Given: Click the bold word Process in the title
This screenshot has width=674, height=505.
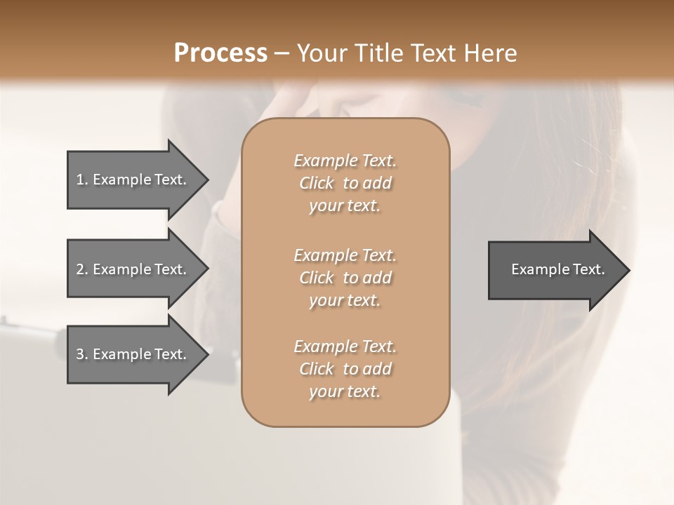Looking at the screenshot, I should point(220,53).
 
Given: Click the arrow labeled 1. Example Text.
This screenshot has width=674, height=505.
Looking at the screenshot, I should point(131,180).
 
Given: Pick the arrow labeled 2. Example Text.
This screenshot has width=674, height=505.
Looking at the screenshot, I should point(131,269).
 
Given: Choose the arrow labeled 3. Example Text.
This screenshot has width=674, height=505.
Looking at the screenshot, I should point(131,354).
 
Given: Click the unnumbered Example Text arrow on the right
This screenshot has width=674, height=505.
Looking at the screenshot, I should point(557,269).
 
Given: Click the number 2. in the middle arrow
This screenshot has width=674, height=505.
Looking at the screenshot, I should point(82,269).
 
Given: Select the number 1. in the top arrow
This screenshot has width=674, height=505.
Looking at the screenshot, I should point(82,180).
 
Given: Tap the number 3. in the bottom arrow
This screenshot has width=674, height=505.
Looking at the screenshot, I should point(82,354).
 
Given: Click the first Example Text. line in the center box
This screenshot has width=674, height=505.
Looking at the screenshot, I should point(345,161).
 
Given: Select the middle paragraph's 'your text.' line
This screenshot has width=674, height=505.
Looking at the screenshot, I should point(345,300).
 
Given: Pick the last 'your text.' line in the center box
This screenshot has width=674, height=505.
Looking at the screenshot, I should point(345,391).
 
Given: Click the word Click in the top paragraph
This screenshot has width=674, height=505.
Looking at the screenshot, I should point(317,183).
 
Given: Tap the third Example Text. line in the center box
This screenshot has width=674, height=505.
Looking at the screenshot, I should point(345,346).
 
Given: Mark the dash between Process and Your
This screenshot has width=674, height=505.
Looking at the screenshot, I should point(282,53).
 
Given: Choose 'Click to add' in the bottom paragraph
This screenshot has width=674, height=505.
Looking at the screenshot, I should point(345,369).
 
